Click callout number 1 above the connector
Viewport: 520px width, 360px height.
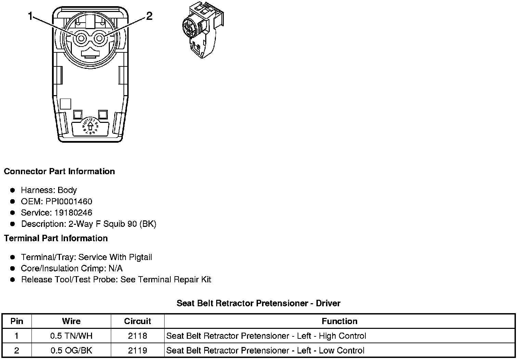(x=30, y=16)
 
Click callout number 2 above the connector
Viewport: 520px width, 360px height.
(x=149, y=16)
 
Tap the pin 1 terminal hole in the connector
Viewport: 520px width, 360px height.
(x=81, y=39)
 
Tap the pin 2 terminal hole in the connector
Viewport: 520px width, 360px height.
(x=100, y=39)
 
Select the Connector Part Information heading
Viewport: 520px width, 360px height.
(x=59, y=171)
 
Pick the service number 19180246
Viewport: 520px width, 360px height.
(x=73, y=213)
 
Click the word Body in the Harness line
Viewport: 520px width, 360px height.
(x=67, y=190)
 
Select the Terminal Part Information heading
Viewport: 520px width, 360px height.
(x=56, y=239)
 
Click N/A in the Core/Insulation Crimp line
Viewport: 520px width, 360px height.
(x=115, y=269)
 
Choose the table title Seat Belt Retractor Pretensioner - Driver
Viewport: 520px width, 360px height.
(x=258, y=303)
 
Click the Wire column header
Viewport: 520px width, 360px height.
(x=71, y=321)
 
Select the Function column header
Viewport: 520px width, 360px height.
(x=339, y=321)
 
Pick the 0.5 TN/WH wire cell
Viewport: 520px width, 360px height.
(x=71, y=336)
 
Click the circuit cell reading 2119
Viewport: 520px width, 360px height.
(x=138, y=350)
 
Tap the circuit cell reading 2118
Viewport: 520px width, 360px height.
(x=138, y=336)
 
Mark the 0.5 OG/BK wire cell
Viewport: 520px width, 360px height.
(x=71, y=350)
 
